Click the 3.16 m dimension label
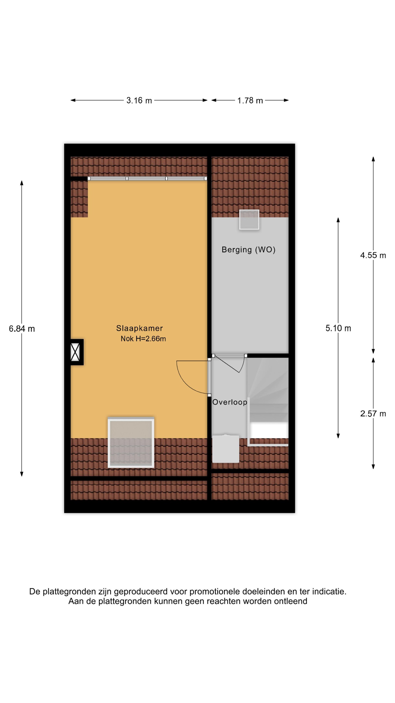click(139, 100)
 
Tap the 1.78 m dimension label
click(250, 100)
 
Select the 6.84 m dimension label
click(22, 329)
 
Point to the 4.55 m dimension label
click(373, 255)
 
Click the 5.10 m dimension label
click(338, 328)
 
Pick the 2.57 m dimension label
click(373, 414)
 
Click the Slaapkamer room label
click(139, 328)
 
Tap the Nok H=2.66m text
click(143, 339)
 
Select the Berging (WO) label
click(248, 250)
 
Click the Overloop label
click(229, 402)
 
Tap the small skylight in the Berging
click(249, 219)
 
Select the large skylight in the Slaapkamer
click(131, 443)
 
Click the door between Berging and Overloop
click(229, 363)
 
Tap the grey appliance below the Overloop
click(226, 449)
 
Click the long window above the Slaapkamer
click(147, 178)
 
